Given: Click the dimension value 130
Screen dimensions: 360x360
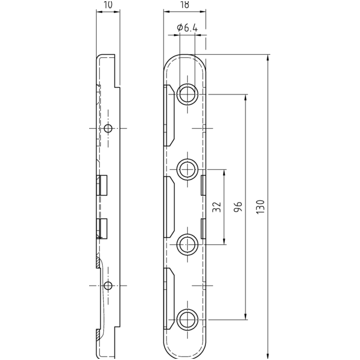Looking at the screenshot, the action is [x=261, y=207].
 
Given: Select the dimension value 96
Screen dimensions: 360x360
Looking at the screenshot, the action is [x=238, y=207].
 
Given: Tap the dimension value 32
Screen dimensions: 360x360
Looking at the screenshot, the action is [x=217, y=207].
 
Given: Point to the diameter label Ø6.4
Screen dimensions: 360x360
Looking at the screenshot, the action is [x=187, y=28].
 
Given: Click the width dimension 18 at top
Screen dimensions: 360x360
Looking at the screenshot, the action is [x=185, y=4].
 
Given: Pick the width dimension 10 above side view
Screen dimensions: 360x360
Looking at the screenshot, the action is [x=108, y=4].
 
